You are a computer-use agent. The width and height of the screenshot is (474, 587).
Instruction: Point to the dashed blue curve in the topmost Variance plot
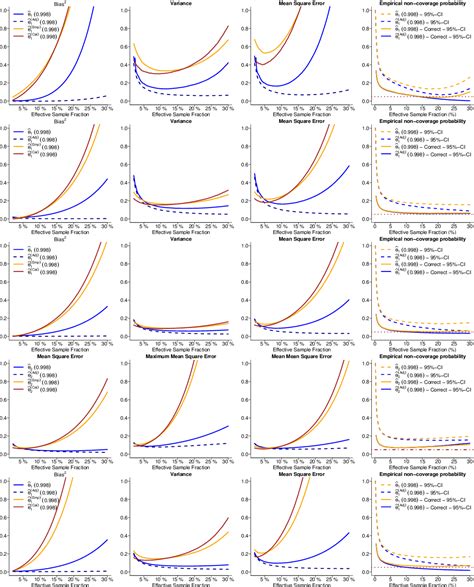tap(190, 95)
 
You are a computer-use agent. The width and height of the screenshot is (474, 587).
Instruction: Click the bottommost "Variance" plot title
tap(178, 476)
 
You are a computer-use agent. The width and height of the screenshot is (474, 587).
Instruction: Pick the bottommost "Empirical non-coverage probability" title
tap(415, 476)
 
